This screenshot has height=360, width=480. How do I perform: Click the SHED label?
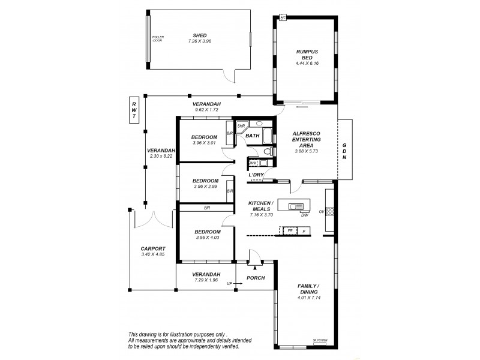point(199,35)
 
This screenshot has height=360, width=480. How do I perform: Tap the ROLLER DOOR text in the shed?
point(158,38)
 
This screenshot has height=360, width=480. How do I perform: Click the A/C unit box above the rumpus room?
point(283,18)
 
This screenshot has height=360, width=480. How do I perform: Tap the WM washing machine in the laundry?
point(253,163)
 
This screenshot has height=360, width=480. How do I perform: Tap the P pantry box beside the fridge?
point(304,230)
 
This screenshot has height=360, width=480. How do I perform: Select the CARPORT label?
point(152,248)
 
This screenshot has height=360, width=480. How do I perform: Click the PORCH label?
point(256,278)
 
